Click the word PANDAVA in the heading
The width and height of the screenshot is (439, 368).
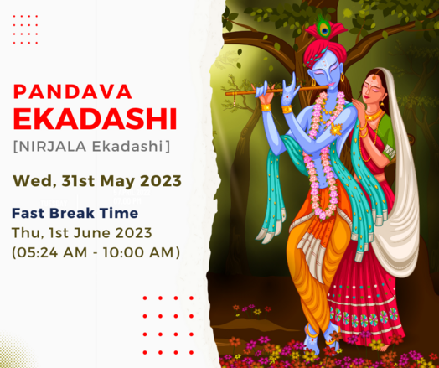(73, 91)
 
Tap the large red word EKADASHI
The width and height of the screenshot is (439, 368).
(96, 119)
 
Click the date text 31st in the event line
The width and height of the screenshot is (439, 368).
(78, 181)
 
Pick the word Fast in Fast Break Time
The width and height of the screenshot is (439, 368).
(28, 213)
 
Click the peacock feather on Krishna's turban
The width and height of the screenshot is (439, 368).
(324, 29)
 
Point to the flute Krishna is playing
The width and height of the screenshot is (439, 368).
(276, 91)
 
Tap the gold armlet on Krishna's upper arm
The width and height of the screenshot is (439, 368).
(336, 129)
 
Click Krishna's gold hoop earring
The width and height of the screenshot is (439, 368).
(342, 77)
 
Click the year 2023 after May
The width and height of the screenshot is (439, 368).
(161, 181)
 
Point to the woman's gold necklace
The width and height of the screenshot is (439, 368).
(374, 115)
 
